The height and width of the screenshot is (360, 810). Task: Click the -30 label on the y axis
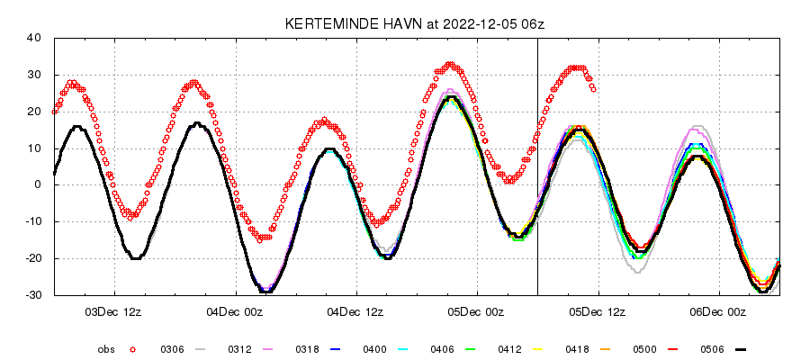34,295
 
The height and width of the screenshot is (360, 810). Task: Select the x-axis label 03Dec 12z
114,312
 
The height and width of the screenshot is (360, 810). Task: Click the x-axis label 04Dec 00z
235,312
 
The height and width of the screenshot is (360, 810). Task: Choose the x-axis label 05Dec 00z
477,312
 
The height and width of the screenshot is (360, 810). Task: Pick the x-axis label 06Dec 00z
718,312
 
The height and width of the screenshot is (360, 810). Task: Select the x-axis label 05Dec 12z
598,312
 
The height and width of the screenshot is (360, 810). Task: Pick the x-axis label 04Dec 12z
355,312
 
